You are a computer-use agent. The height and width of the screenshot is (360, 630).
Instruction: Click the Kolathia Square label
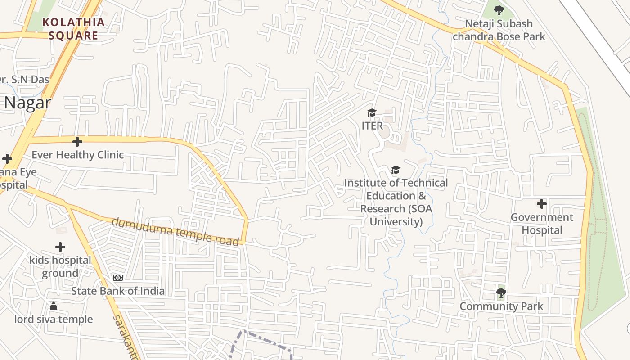coord(73,29)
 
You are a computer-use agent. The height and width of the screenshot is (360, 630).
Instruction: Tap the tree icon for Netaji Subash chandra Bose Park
coord(499,10)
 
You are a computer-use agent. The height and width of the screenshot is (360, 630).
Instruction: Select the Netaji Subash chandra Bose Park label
coord(499,30)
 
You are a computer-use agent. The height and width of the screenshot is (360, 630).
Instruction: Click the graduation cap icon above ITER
coord(372,112)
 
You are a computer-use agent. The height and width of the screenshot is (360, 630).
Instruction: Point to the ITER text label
coord(372,126)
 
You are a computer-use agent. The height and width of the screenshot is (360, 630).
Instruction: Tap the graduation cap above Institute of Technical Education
coord(396,170)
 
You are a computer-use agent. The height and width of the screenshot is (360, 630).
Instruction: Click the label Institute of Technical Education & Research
coord(396,202)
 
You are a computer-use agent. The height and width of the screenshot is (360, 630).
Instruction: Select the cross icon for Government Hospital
coord(542,204)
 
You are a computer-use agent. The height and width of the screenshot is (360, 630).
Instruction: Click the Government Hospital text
coord(542,224)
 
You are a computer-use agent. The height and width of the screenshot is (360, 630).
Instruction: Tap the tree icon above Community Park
coord(501,293)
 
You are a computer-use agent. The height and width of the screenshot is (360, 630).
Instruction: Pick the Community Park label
coord(501,306)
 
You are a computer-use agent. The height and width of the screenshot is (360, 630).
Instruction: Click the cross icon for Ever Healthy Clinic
coord(77,142)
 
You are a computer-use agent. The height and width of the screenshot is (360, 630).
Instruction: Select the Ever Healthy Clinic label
coord(77,155)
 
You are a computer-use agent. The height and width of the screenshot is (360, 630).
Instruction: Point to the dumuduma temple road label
coord(175,232)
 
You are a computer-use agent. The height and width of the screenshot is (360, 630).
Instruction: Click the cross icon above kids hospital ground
coord(60,247)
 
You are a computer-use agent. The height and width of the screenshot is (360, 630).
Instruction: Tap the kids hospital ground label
coord(60,266)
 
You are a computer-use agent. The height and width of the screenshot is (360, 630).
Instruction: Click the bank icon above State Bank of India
coord(118,278)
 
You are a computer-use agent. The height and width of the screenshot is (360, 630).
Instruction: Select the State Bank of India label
coord(118,291)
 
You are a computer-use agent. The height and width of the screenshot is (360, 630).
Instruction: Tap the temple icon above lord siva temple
coord(54,306)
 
